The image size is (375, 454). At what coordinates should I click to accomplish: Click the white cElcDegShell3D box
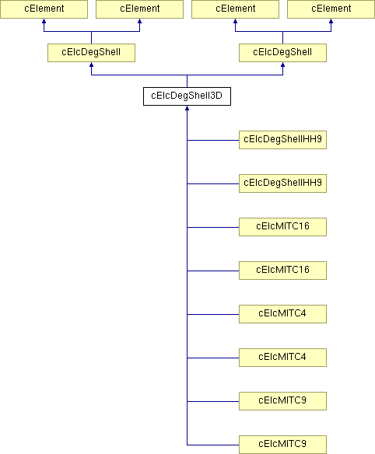tap(187, 96)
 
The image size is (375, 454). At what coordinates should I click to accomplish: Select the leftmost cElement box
tap(44, 9)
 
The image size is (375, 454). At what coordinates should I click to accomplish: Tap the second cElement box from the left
tap(139, 9)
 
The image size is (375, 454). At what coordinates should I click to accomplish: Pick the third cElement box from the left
tap(235, 9)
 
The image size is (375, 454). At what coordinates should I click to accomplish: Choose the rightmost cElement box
tap(331, 9)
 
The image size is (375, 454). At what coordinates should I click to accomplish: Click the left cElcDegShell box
tap(91, 53)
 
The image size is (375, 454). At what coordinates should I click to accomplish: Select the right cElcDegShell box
tap(282, 53)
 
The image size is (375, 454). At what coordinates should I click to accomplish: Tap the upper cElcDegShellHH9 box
tap(282, 140)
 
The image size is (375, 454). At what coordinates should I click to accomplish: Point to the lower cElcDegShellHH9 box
tap(282, 183)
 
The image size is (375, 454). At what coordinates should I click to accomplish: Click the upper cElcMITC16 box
tap(282, 227)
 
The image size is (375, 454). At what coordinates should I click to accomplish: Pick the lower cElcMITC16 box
tap(282, 271)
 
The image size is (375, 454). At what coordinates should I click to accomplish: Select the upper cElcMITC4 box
tap(282, 314)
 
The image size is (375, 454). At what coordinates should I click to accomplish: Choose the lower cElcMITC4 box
tap(282, 358)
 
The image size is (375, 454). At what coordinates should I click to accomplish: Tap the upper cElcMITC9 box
tap(282, 401)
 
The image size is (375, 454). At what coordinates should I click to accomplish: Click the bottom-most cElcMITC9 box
tap(282, 445)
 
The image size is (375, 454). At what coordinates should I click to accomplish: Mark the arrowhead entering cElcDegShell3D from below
tap(187, 108)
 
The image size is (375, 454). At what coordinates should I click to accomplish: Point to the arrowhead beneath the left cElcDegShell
tap(91, 65)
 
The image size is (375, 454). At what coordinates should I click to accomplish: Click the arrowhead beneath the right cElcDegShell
tap(282, 65)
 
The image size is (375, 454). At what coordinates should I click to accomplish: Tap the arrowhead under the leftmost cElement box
tap(44, 21)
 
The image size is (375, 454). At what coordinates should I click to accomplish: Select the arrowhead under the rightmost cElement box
tap(331, 21)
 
